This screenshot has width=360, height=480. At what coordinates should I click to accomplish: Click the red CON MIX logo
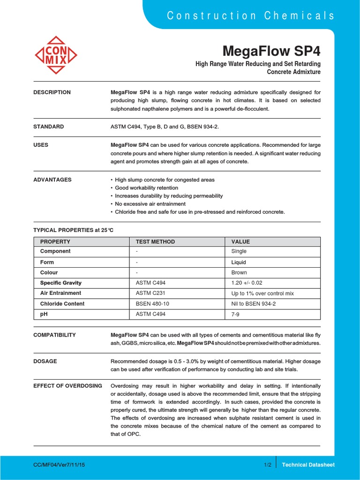click(56, 55)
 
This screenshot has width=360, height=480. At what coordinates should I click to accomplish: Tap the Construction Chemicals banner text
click(251, 15)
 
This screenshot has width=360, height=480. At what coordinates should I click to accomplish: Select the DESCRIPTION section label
click(52, 92)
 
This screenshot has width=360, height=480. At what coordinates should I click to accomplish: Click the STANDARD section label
click(49, 127)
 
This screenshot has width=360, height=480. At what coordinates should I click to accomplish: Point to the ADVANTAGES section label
click(52, 180)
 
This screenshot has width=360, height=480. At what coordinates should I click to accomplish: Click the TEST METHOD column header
click(155, 242)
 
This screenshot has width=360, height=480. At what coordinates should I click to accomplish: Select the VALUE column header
click(240, 242)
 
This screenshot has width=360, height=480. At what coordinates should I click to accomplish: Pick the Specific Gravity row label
click(61, 283)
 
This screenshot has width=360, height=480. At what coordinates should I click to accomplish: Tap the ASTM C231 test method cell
click(150, 293)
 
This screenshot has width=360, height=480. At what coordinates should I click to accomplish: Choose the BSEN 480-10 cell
click(152, 304)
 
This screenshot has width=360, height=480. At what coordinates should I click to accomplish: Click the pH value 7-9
click(236, 314)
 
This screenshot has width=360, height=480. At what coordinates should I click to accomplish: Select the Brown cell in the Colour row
click(239, 272)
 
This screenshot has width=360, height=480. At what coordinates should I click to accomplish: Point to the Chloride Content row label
click(62, 304)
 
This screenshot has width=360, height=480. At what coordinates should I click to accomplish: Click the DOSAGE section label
click(45, 361)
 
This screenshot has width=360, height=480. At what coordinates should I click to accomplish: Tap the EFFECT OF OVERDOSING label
click(68, 386)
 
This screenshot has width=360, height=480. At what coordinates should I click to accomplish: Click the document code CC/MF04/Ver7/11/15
click(59, 465)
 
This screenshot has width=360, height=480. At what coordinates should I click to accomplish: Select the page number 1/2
click(268, 465)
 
